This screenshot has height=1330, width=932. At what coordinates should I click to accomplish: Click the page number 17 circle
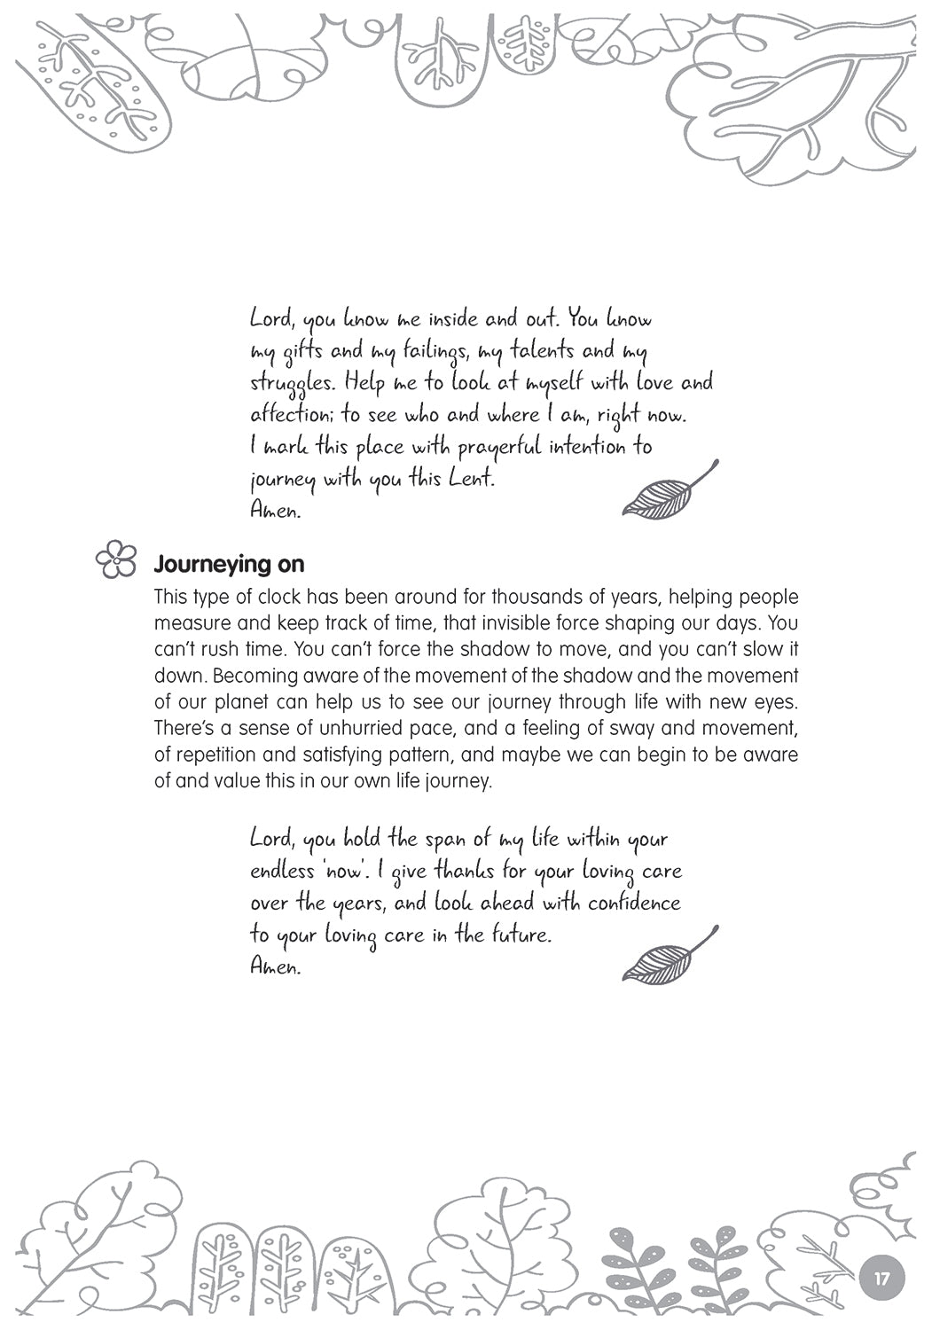[x=881, y=1279]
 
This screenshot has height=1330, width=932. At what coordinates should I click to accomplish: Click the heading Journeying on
[x=229, y=564]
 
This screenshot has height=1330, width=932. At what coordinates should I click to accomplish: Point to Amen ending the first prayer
[x=275, y=512]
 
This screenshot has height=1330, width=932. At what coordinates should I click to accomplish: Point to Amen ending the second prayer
[x=275, y=966]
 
